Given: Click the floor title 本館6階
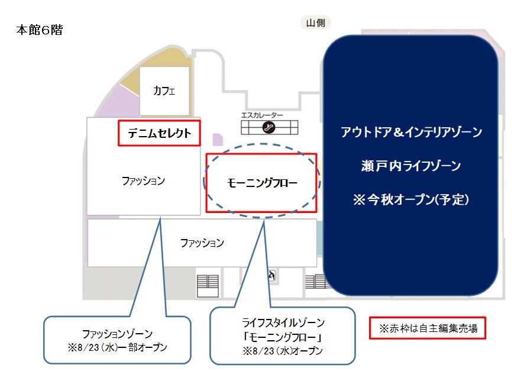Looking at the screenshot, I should pyautogui.click(x=39, y=30).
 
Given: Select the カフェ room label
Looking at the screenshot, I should pyautogui.click(x=164, y=91).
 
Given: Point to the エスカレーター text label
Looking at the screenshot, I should pyautogui.click(x=262, y=115).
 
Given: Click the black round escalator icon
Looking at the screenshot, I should pyautogui.click(x=269, y=127).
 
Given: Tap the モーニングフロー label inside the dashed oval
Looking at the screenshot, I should pyautogui.click(x=263, y=183).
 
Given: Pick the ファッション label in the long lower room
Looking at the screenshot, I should pyautogui.click(x=202, y=243).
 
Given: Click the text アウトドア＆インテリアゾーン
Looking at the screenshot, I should pyautogui.click(x=412, y=132).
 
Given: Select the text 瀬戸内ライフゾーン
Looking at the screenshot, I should pyautogui.click(x=411, y=166).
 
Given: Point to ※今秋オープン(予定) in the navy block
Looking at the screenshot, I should pyautogui.click(x=411, y=199).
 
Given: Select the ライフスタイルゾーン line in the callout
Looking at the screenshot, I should pyautogui.click(x=283, y=323).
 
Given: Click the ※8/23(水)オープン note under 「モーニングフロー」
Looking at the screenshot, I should pyautogui.click(x=283, y=351).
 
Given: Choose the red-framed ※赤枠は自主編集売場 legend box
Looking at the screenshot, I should pyautogui.click(x=428, y=327).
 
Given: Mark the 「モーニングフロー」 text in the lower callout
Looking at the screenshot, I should pyautogui.click(x=283, y=337).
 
